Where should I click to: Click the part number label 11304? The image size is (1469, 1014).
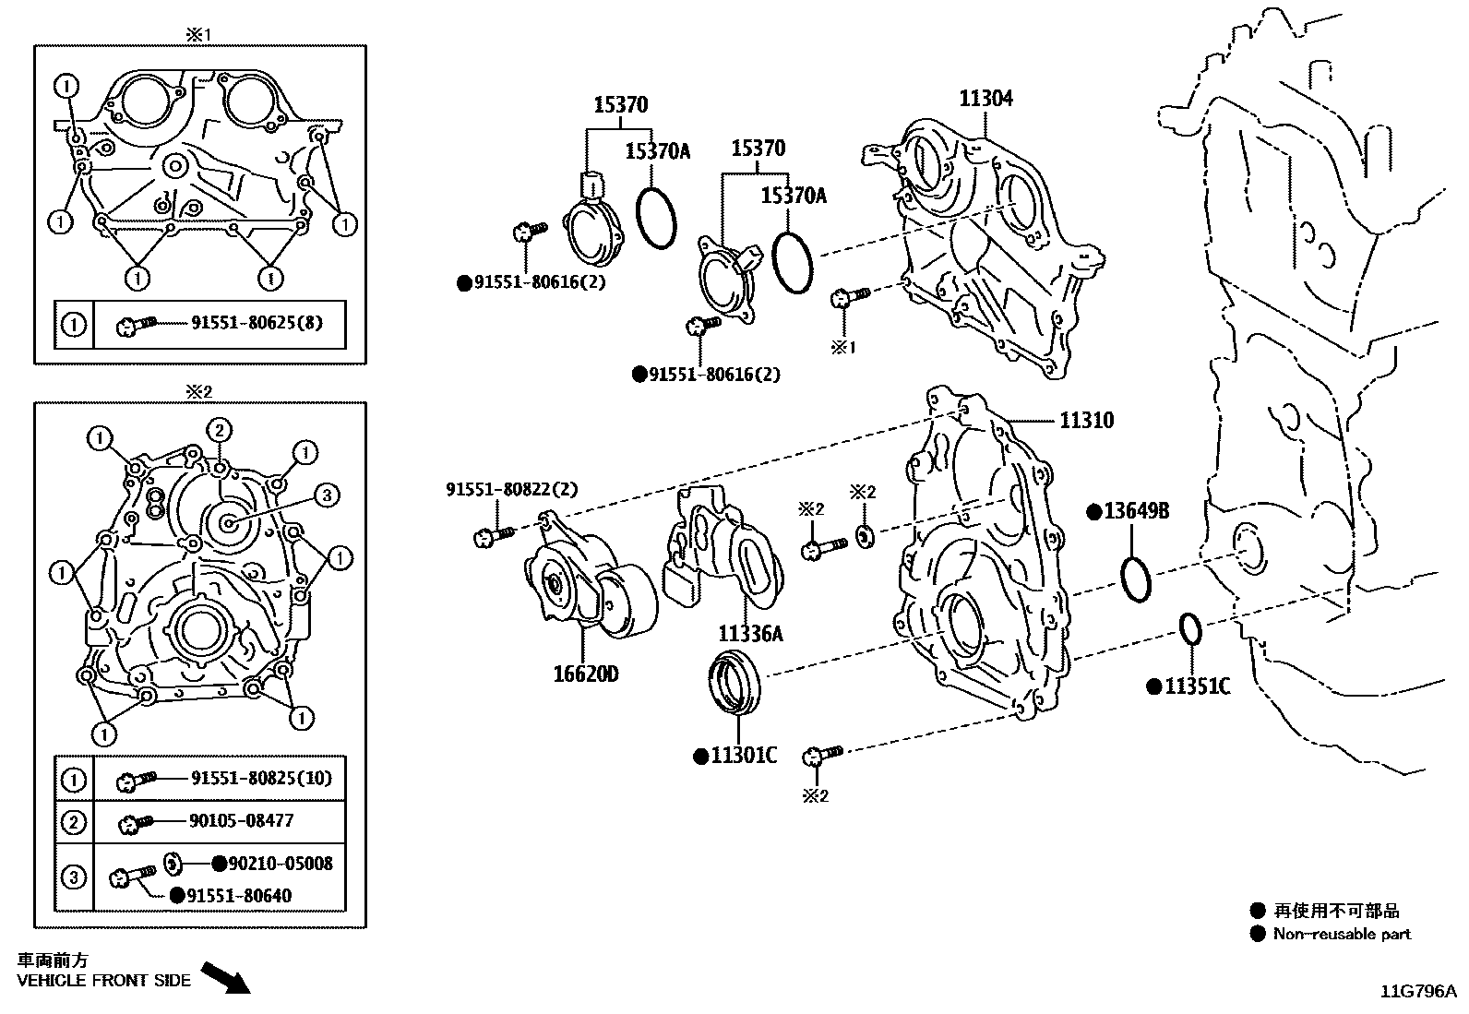tap(985, 99)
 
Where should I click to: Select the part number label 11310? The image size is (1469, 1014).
tap(1086, 421)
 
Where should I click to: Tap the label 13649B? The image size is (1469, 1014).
tap(1134, 511)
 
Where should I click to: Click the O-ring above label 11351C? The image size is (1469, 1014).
tap(1191, 630)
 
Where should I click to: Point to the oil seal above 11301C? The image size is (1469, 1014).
tap(734, 681)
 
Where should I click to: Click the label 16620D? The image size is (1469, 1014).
tap(586, 674)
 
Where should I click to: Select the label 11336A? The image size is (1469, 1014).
tap(750, 634)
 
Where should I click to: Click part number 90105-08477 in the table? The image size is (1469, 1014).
tap(242, 820)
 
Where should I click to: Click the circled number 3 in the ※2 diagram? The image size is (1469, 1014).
tap(325, 495)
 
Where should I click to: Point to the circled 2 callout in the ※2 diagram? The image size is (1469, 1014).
tap(218, 430)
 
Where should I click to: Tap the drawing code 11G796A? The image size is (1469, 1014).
tap(1416, 992)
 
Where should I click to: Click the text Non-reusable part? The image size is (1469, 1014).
tap(1342, 934)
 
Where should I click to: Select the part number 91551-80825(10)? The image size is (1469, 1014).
tap(261, 779)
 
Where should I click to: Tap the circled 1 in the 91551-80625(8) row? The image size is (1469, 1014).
tap(73, 325)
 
